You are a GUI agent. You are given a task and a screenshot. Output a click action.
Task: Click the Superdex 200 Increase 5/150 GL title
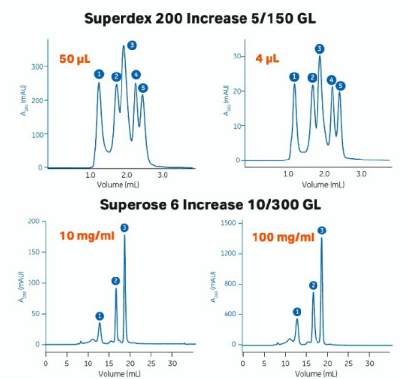point(203,19)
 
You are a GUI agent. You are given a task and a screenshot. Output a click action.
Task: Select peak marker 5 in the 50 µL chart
point(143,88)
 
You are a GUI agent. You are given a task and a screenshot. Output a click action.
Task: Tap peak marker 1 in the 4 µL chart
point(294,76)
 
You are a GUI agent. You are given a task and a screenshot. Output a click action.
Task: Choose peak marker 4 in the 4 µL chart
point(331,80)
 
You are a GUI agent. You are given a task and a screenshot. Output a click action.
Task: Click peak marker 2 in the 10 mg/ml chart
point(115,281)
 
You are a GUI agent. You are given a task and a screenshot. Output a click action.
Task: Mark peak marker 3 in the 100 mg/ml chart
point(322,230)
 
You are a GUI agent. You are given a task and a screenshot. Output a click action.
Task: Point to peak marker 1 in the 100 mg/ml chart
point(297,312)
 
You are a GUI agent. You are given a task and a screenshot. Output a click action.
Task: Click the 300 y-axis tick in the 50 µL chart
point(37,66)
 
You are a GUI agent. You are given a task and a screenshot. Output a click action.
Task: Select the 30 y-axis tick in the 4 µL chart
point(236,57)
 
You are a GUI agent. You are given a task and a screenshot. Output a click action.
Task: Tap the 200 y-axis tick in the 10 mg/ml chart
point(33,221)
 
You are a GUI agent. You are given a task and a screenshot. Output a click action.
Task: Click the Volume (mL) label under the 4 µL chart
point(324,185)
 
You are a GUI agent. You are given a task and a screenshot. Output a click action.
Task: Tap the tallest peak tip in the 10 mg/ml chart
point(125,235)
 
